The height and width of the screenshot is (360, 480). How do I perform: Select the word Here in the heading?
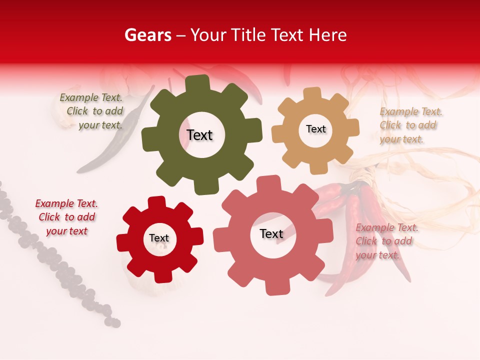pos(328,35)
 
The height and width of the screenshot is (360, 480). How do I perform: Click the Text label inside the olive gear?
pos(199,135)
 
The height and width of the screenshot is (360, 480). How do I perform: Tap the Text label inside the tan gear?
pos(315,129)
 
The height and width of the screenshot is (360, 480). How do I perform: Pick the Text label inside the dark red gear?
pos(159,238)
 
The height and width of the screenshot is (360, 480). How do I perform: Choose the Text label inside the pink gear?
pos(271,233)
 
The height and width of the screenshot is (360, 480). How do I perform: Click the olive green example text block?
pos(92,111)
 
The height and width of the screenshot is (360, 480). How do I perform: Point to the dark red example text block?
pos(66,217)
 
